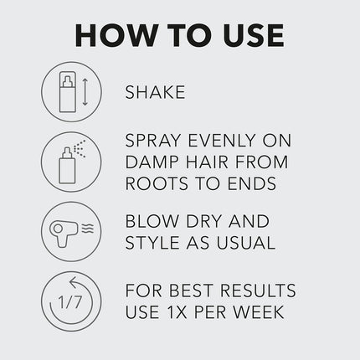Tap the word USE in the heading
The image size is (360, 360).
pos(249,35)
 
